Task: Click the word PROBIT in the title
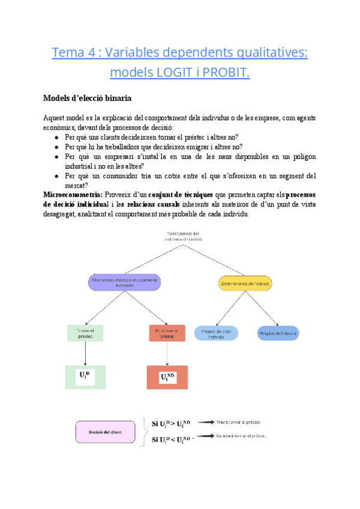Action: (222, 73)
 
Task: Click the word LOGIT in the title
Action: (173, 73)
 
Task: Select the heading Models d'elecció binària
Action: (88, 98)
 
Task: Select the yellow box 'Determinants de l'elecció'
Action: (245, 283)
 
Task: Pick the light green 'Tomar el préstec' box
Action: (86, 333)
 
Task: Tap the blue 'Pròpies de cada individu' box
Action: (217, 333)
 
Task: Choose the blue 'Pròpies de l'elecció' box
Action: (278, 333)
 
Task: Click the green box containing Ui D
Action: (85, 376)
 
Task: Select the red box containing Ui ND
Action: (167, 378)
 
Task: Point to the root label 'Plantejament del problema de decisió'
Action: (184, 236)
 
